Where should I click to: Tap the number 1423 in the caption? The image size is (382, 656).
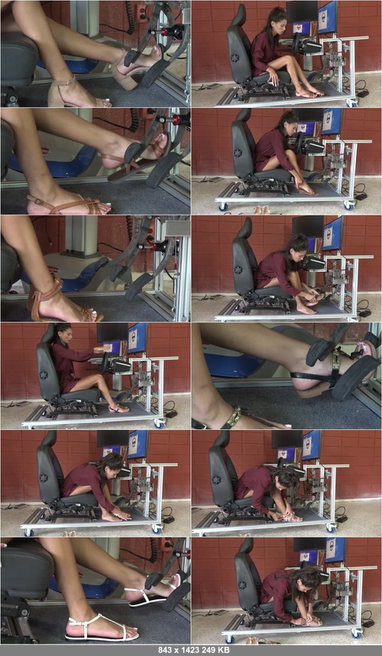188,650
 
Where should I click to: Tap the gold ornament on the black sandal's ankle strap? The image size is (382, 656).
235,416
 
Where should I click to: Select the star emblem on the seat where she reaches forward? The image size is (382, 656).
44,374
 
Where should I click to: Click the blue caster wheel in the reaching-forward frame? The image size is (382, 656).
159,423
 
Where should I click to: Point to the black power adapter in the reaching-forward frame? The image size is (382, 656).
170,413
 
